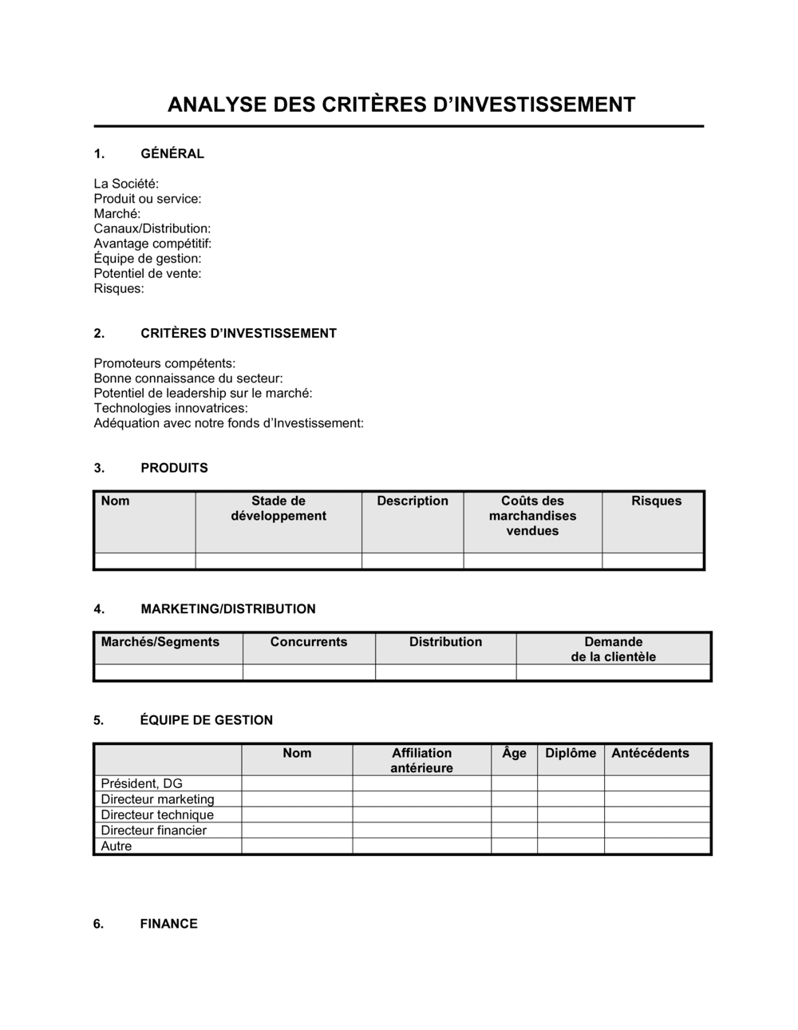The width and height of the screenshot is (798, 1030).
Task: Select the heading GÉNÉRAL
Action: point(172,153)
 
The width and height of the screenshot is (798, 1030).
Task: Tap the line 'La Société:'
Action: point(126,184)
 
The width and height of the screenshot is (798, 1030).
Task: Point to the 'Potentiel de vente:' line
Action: point(148,273)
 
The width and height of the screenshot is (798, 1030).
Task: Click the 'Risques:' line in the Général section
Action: point(119,288)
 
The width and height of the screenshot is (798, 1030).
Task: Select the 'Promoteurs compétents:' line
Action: point(164,363)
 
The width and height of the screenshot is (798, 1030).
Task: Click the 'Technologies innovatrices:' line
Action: point(171,408)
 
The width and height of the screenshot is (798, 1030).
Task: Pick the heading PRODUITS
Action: point(174,468)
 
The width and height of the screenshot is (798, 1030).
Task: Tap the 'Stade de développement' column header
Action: point(279,509)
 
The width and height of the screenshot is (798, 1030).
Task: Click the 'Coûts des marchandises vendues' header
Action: point(532,516)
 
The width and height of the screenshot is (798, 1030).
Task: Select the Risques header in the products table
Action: point(656,501)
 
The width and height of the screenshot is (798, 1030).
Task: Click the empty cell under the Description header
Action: point(413,561)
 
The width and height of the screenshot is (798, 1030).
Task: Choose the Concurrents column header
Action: point(309,642)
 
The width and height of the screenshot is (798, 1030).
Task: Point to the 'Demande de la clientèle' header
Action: point(613,649)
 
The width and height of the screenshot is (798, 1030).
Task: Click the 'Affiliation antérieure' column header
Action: point(421,760)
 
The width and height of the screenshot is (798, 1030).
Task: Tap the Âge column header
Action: point(514,753)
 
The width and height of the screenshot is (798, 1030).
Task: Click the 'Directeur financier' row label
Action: point(153,830)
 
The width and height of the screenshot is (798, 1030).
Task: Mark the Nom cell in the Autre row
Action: point(297,846)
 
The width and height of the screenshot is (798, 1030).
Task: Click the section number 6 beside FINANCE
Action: point(98,924)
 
